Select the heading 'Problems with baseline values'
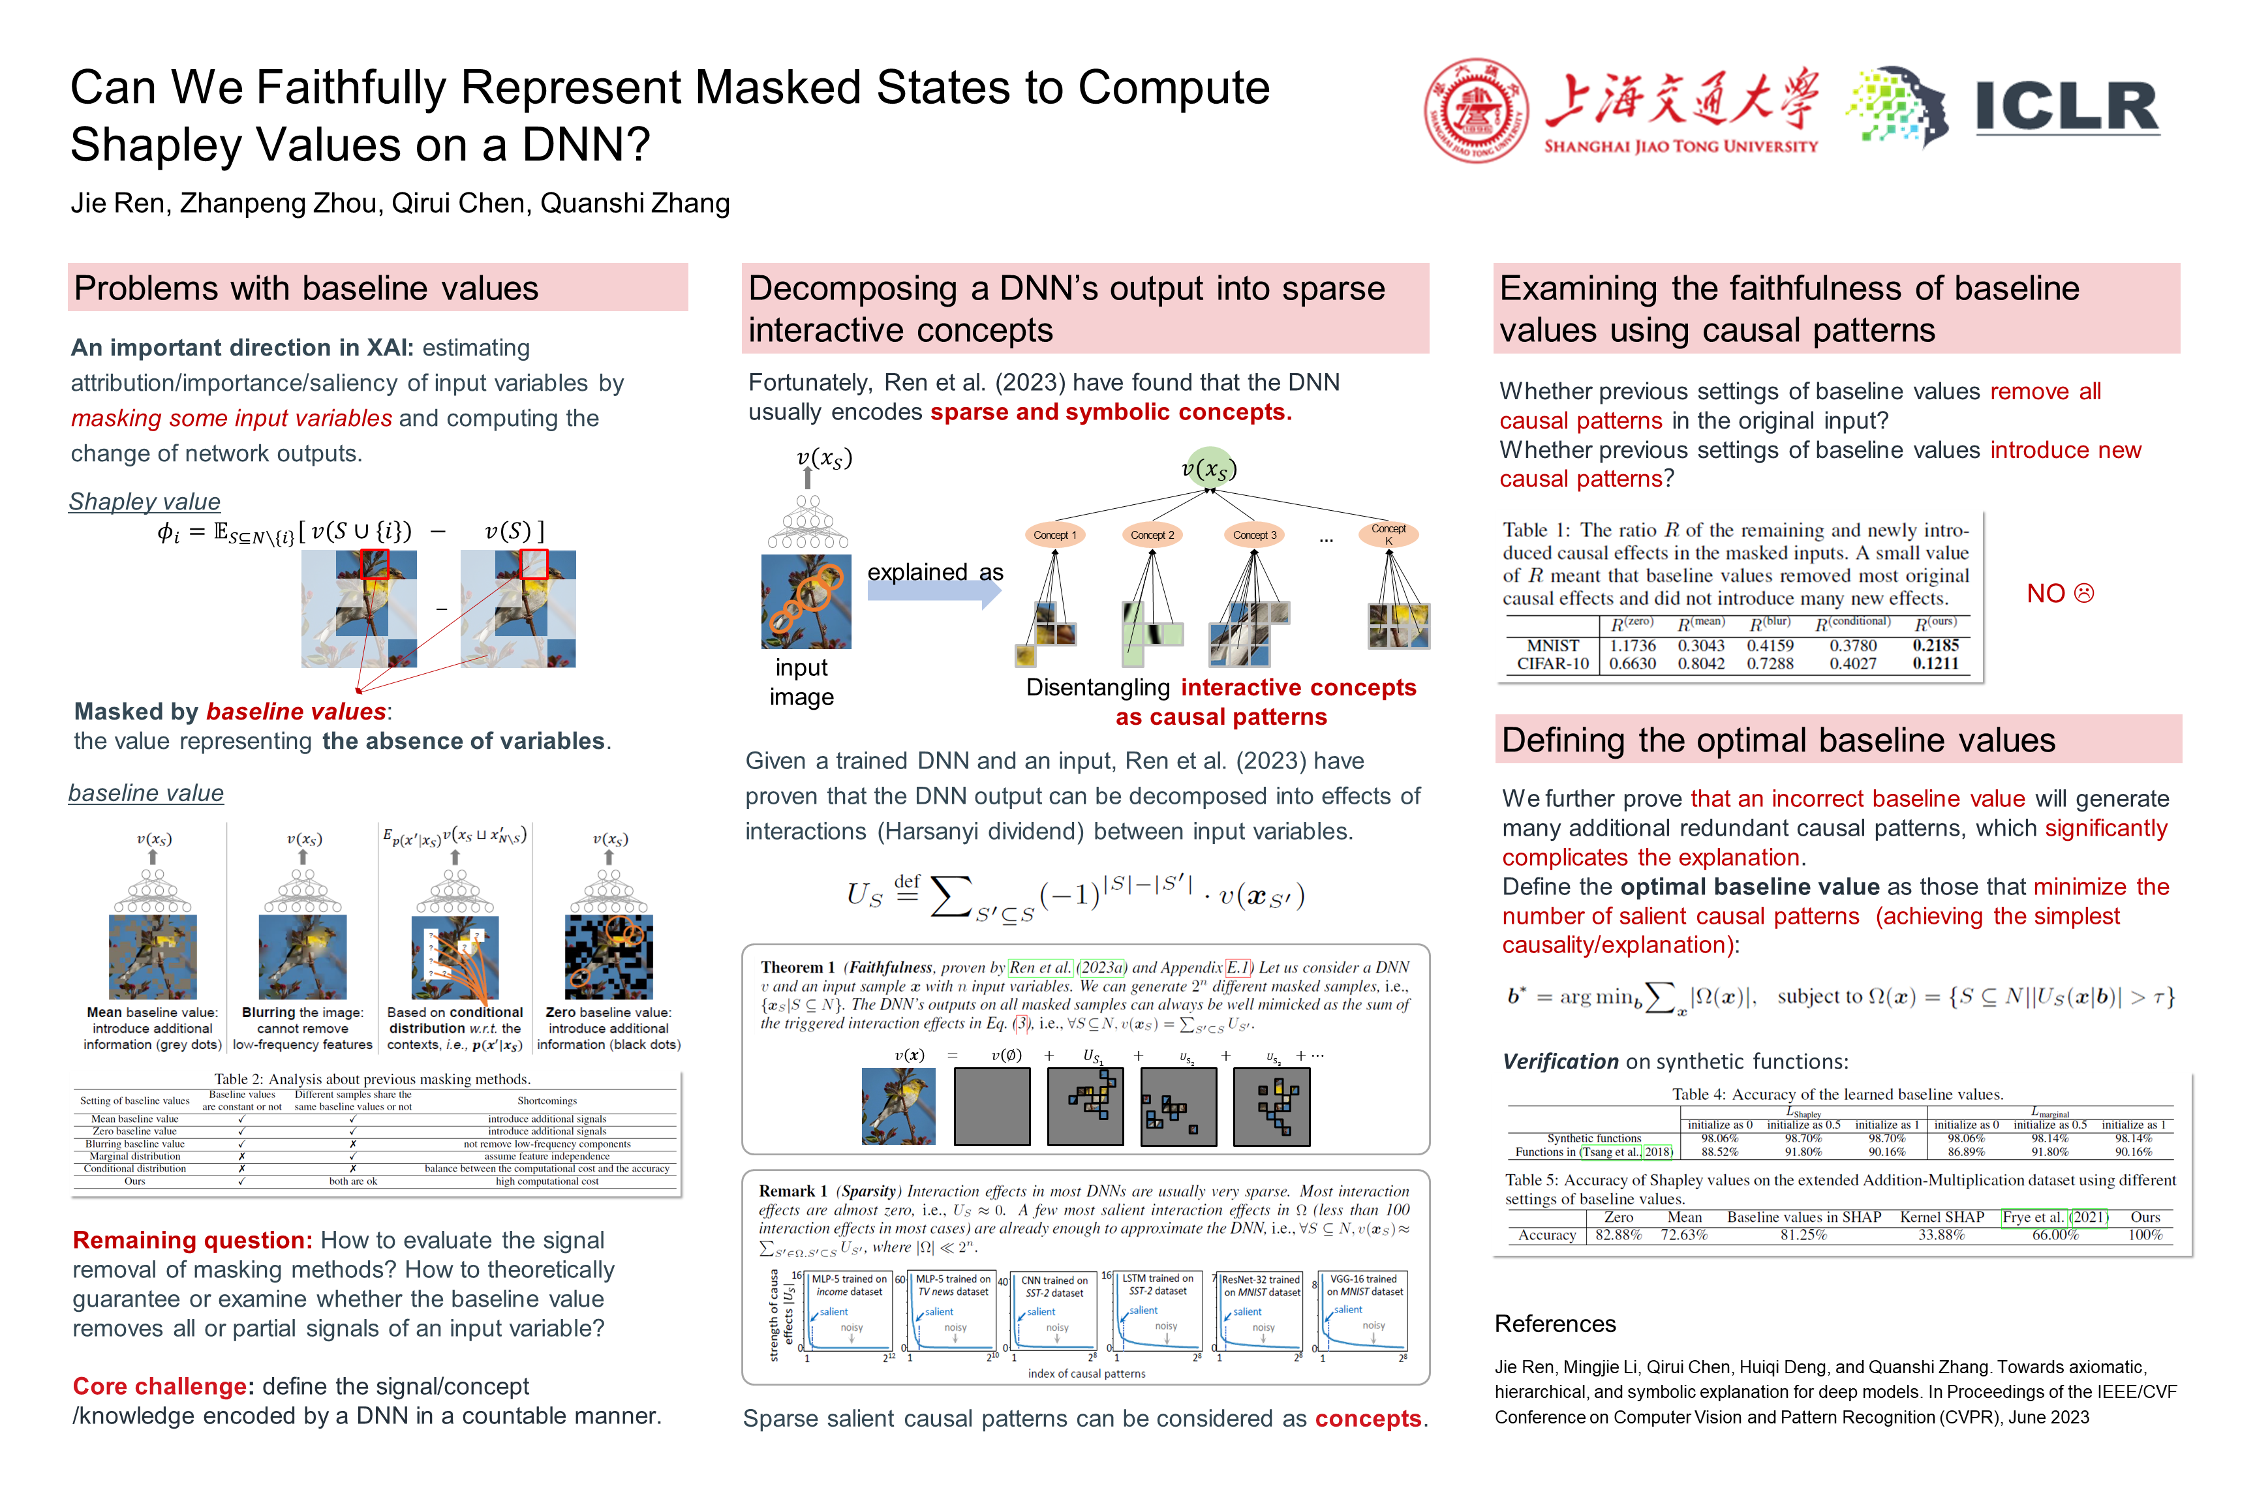(x=306, y=288)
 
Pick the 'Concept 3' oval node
(x=1254, y=535)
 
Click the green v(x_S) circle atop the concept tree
(x=1209, y=468)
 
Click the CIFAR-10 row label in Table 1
(x=1552, y=663)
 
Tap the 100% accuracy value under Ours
(x=2145, y=1235)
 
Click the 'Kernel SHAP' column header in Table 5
(x=1942, y=1217)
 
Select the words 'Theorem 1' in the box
(x=798, y=967)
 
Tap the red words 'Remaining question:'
(x=192, y=1240)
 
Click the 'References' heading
(x=1554, y=1324)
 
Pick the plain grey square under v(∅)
(x=992, y=1106)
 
